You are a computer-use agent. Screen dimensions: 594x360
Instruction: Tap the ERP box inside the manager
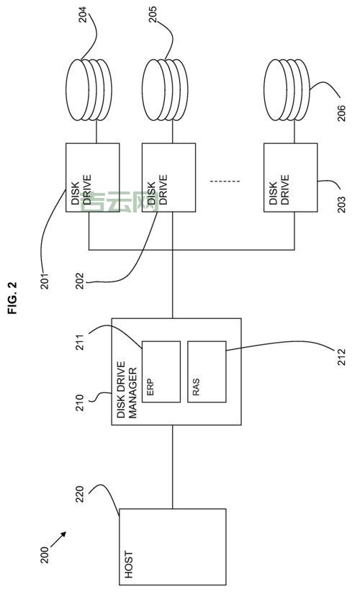point(161,371)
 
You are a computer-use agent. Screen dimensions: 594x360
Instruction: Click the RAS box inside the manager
point(206,371)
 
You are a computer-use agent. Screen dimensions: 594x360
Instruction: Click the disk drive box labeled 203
point(290,178)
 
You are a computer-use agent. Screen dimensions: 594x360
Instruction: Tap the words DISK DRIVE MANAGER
point(126,390)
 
